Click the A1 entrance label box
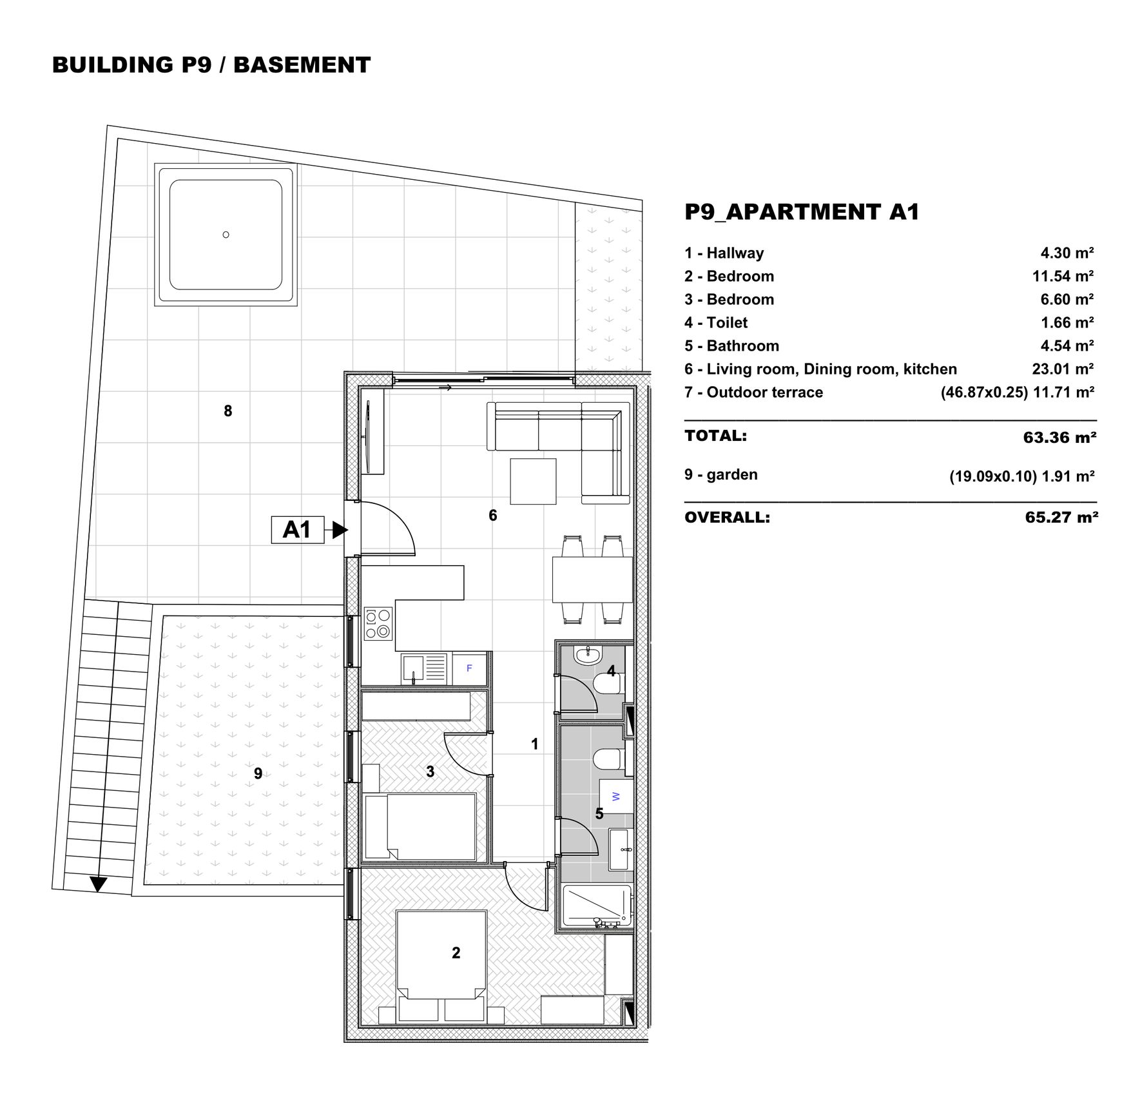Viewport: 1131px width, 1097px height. pyautogui.click(x=297, y=530)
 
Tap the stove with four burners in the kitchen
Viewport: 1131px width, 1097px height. pyautogui.click(x=378, y=624)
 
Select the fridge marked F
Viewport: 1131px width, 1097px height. pyautogui.click(x=469, y=668)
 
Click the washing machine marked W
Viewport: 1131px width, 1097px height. pyautogui.click(x=616, y=796)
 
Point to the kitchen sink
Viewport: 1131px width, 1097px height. pyautogui.click(x=424, y=668)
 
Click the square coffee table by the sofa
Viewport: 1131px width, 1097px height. pyautogui.click(x=533, y=481)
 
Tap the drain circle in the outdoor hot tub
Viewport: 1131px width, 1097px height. pyautogui.click(x=226, y=235)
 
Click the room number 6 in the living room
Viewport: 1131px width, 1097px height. pyautogui.click(x=493, y=516)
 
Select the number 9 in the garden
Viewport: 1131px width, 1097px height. pyautogui.click(x=258, y=773)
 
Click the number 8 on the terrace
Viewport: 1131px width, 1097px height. pyautogui.click(x=227, y=411)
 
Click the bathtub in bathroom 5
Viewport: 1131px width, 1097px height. pyautogui.click(x=597, y=907)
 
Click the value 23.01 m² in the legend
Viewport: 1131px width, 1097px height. pyautogui.click(x=1063, y=369)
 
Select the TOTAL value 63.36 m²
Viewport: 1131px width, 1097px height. pyautogui.click(x=1059, y=438)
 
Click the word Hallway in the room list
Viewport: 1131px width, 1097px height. pyautogui.click(x=735, y=253)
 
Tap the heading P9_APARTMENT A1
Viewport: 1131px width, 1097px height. pyautogui.click(x=802, y=211)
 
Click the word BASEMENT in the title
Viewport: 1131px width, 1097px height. pyautogui.click(x=302, y=64)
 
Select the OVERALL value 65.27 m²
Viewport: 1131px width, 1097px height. pyautogui.click(x=1061, y=518)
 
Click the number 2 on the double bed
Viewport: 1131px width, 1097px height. pyautogui.click(x=456, y=953)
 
